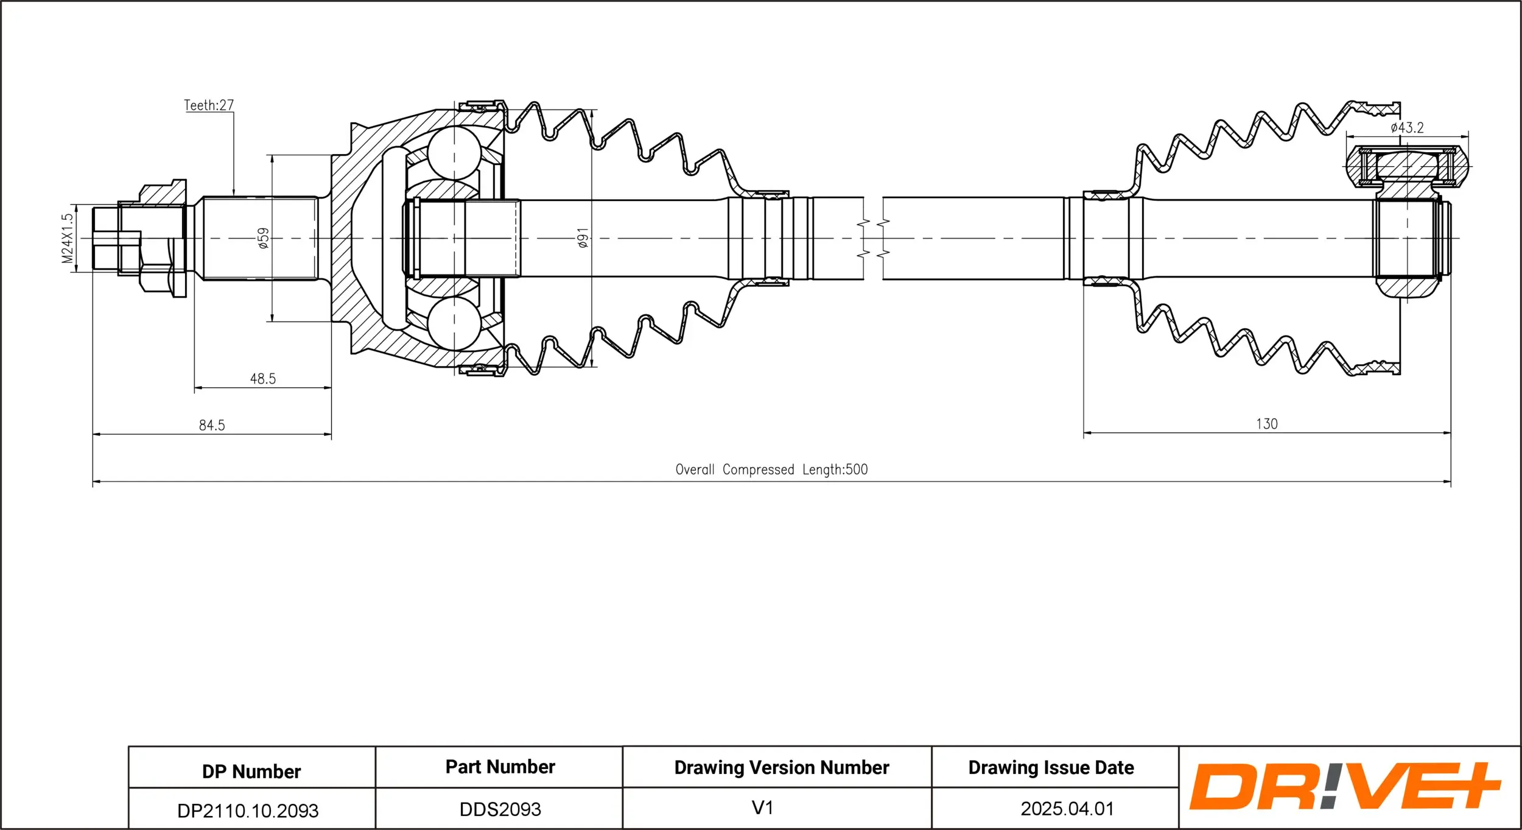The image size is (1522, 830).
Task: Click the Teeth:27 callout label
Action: (x=209, y=105)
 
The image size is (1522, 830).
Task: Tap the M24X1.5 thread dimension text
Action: (x=68, y=238)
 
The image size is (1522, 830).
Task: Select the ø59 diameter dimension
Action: (x=263, y=238)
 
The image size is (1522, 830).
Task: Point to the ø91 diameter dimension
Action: (x=583, y=238)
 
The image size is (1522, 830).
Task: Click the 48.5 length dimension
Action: (x=263, y=379)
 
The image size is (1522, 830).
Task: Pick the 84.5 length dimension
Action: (x=212, y=425)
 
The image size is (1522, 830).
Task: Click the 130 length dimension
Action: (x=1266, y=424)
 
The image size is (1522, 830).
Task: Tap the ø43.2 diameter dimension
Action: (x=1407, y=128)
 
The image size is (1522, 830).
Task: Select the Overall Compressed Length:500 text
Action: (x=771, y=470)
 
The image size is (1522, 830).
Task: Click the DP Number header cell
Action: (x=251, y=772)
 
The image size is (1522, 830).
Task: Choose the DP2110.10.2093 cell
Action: (x=248, y=811)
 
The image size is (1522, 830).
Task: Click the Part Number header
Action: (x=500, y=767)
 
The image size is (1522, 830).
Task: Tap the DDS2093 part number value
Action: (x=500, y=809)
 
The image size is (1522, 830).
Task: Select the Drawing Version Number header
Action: (x=781, y=767)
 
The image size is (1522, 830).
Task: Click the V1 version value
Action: (x=762, y=807)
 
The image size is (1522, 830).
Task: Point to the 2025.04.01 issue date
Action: (x=1067, y=809)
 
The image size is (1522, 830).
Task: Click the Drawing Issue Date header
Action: (x=1051, y=767)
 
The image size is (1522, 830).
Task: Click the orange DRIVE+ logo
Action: (x=1345, y=786)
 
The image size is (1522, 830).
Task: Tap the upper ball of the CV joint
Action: (x=454, y=153)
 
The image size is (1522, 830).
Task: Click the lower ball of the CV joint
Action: (x=454, y=323)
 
